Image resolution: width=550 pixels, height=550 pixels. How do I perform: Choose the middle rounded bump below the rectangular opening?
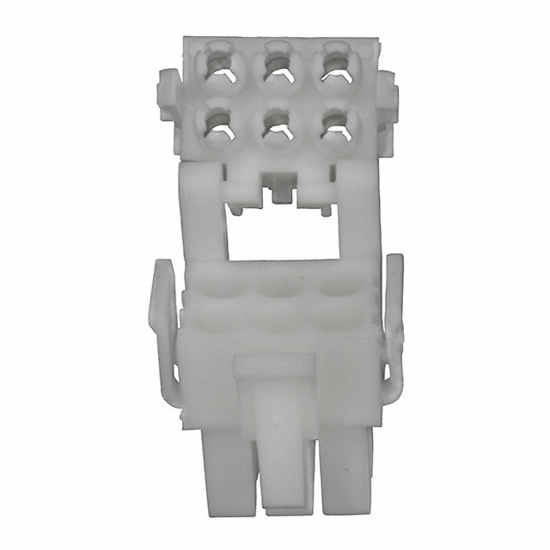pos(275,292)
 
